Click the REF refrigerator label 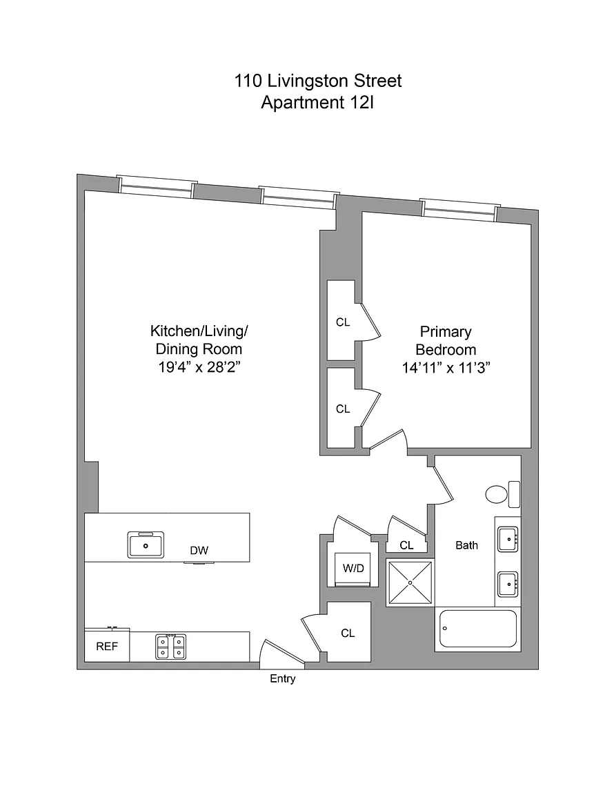click(x=107, y=647)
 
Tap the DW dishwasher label click(x=199, y=551)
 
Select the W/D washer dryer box click(x=353, y=569)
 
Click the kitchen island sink click(x=146, y=544)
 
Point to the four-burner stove click(x=171, y=647)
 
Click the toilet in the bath click(x=503, y=494)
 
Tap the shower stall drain click(x=410, y=582)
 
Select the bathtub click(x=477, y=629)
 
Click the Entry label click(x=282, y=679)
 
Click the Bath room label click(x=466, y=546)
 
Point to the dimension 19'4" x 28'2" click(x=199, y=367)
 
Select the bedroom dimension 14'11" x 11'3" click(x=446, y=368)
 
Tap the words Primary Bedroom click(x=446, y=341)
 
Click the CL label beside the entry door click(x=348, y=634)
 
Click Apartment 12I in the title click(x=317, y=102)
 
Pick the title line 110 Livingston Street click(x=318, y=81)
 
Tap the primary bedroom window click(x=460, y=210)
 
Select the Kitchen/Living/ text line click(x=199, y=331)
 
